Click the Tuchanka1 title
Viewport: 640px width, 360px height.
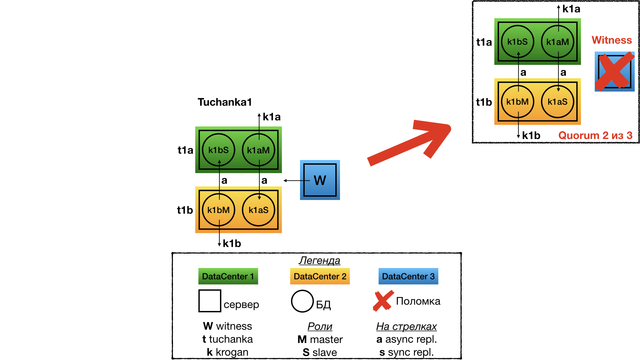[225, 102]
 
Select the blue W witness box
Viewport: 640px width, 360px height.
[320, 180]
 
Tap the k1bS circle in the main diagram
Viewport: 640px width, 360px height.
[219, 150]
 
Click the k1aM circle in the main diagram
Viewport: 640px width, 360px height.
[258, 150]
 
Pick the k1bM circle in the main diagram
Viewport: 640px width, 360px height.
[219, 210]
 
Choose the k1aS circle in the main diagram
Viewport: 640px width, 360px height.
[258, 210]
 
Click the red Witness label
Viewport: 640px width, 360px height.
[612, 40]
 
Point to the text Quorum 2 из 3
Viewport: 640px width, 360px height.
[595, 136]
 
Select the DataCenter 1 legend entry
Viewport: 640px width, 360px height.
[228, 276]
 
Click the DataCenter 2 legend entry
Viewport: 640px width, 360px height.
[320, 276]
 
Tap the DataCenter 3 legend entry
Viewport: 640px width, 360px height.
[408, 276]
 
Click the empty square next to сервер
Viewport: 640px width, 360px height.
[210, 301]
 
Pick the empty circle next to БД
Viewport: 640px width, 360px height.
[302, 301]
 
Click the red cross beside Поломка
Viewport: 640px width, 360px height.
[383, 301]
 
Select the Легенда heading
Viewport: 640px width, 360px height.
[319, 260]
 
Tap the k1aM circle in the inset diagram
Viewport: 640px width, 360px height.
[557, 42]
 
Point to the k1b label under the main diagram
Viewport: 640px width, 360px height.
[232, 244]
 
